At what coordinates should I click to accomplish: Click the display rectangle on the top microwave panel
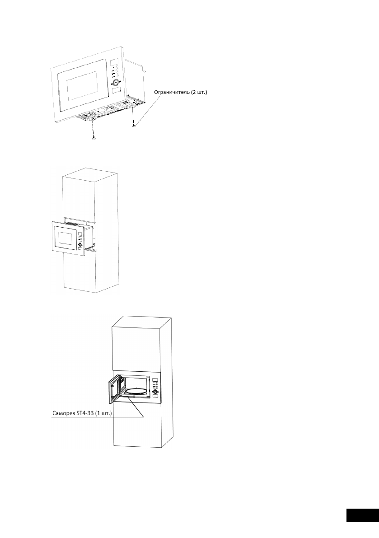click(115, 63)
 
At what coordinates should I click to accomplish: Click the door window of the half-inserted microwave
click(65, 237)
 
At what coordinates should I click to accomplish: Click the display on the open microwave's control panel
click(154, 380)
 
